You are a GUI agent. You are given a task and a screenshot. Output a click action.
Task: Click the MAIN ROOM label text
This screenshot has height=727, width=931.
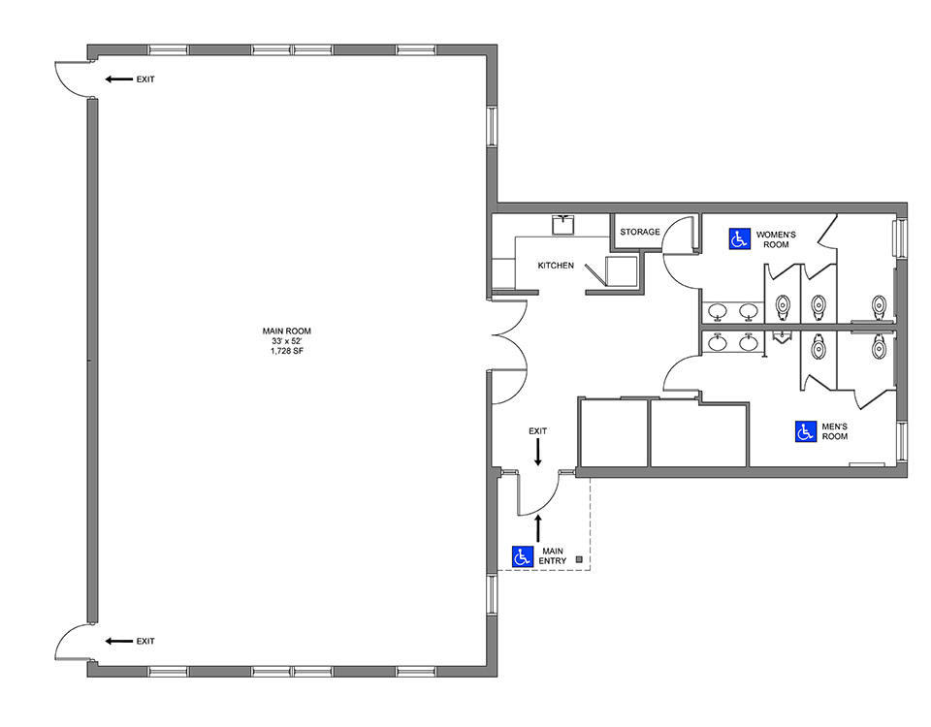pos(287,332)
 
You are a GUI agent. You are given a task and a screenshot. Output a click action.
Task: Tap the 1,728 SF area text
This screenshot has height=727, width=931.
pos(287,351)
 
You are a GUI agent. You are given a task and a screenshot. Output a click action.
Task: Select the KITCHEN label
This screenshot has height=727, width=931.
pos(556,266)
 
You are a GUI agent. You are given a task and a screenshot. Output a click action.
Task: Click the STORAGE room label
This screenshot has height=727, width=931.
pos(640,232)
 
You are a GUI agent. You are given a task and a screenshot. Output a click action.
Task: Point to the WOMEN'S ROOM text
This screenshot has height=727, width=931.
pos(776,239)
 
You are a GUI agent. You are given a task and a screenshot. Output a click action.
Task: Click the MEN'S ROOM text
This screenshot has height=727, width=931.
pos(834,431)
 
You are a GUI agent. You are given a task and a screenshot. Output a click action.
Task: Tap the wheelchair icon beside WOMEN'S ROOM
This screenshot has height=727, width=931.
pos(739,238)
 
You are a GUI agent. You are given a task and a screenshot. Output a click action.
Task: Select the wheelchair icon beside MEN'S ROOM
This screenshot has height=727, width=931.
pos(806,431)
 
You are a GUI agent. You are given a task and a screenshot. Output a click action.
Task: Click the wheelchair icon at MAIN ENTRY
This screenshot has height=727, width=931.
pos(523,556)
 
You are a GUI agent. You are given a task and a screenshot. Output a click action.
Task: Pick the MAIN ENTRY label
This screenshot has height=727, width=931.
pos(552,556)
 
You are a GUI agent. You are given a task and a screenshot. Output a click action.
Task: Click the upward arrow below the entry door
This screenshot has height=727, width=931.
pos(538,528)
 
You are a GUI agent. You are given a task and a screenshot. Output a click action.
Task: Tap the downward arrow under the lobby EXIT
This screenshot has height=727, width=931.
pos(538,453)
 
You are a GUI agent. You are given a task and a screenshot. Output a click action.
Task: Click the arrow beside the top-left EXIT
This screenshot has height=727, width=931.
pos(118,79)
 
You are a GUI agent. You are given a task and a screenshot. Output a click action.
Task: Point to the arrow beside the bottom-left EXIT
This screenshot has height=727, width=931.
pos(118,641)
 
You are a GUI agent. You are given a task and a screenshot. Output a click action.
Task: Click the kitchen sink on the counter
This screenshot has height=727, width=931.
pos(563,225)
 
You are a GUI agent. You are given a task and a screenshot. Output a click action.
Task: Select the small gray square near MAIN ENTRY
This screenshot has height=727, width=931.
pos(580,559)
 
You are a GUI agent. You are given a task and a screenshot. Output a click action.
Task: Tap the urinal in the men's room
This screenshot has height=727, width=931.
pos(784,335)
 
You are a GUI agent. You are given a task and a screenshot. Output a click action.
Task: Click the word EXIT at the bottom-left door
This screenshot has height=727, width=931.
pos(145,641)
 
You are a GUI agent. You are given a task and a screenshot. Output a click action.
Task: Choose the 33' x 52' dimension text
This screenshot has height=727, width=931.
pos(287,341)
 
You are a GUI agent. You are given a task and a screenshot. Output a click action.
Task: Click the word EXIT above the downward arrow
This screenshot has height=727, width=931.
pos(538,430)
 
